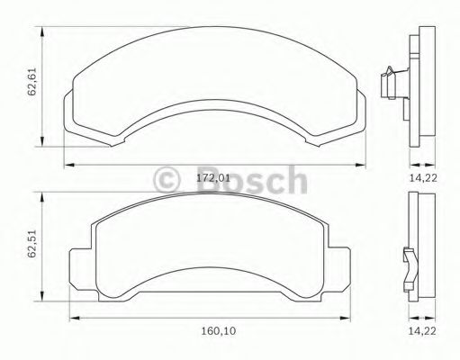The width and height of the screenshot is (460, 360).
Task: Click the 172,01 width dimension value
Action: point(213,178)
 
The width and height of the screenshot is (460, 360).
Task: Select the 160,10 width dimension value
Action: point(219,331)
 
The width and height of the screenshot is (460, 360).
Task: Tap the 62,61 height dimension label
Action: point(32,82)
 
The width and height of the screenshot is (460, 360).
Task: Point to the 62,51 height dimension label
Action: point(32,244)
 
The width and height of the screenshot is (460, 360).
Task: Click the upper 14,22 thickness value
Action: point(423,178)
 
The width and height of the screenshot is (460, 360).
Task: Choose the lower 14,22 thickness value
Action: point(422,331)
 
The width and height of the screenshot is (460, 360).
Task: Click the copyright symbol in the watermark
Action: point(167,180)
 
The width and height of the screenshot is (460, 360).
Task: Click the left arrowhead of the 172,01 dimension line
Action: point(69,165)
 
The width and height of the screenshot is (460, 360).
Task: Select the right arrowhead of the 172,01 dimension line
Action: point(360,165)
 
